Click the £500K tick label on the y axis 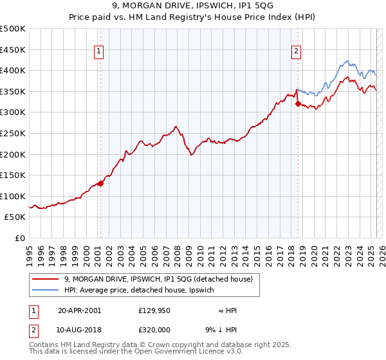tap(13, 29)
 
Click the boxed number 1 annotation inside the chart tap(100, 52)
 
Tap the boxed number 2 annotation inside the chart tap(297, 52)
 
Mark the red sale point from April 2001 tap(100, 184)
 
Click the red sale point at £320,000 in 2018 tap(298, 104)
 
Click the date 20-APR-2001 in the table tap(79, 310)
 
